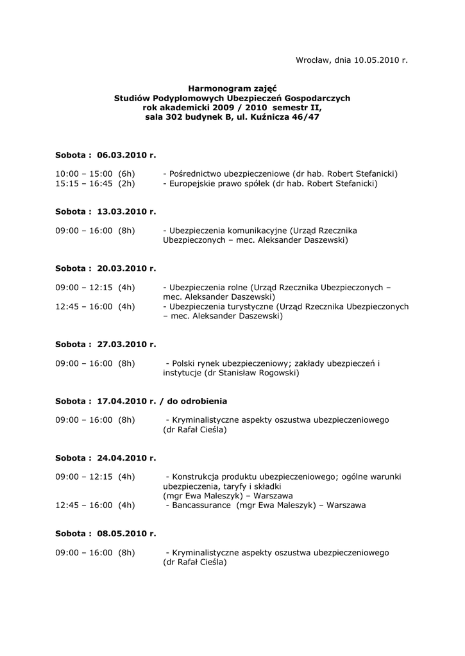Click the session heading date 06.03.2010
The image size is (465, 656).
(121, 155)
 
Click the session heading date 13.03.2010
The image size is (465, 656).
(121, 211)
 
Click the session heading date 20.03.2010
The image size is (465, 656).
(121, 268)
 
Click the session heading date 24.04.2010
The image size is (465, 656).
(121, 457)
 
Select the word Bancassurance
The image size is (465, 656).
(199, 505)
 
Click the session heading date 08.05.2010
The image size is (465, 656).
(121, 533)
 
